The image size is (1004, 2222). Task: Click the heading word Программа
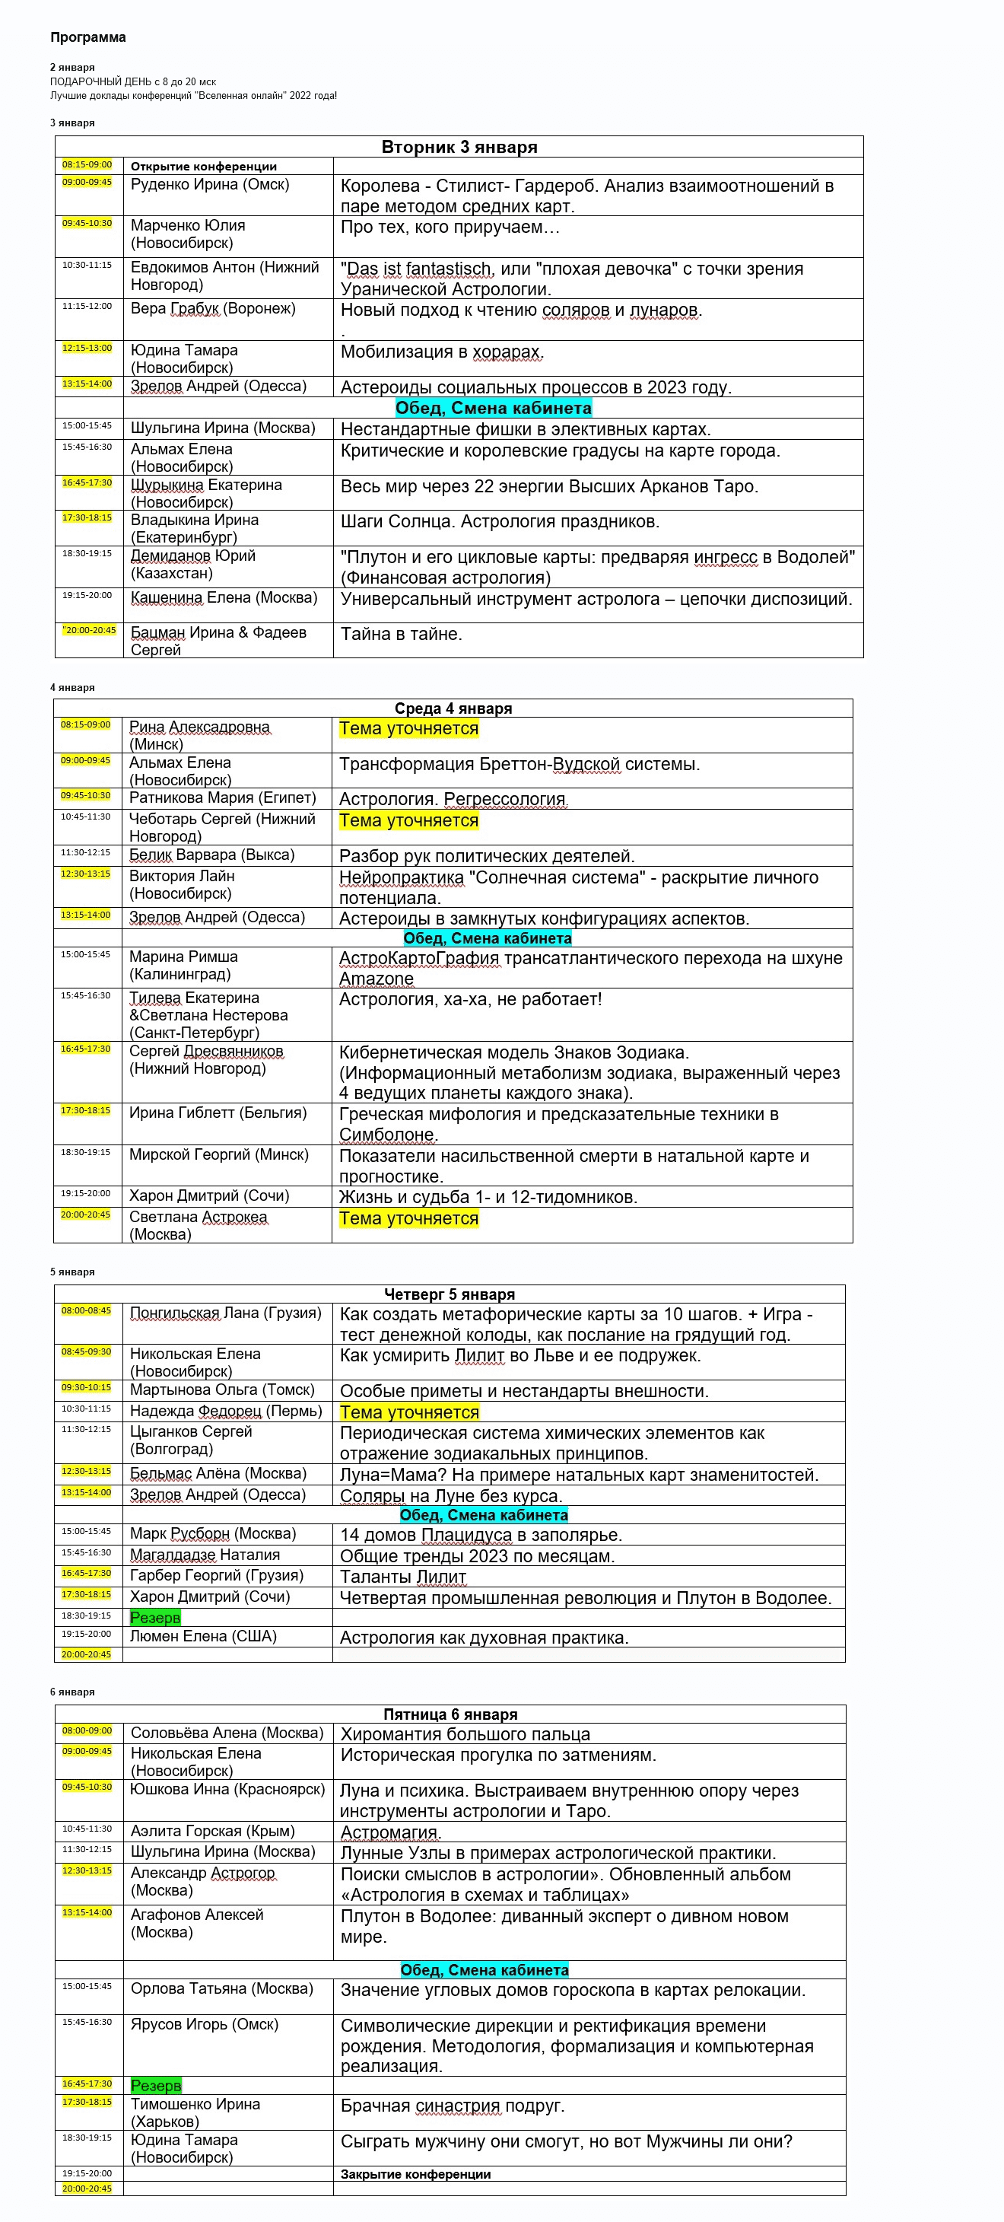pyautogui.click(x=88, y=37)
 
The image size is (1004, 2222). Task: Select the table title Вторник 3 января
pyautogui.click(x=459, y=147)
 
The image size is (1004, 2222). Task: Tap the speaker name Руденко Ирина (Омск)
pyautogui.click(x=210, y=185)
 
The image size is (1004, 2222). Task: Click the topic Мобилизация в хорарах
pyautogui.click(x=442, y=352)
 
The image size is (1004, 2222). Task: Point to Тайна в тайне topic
pyautogui.click(x=401, y=634)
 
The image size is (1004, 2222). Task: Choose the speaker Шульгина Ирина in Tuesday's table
pyautogui.click(x=223, y=428)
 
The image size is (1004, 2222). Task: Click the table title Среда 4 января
pyautogui.click(x=453, y=708)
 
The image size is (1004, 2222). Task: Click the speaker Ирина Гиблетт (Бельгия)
pyautogui.click(x=218, y=1113)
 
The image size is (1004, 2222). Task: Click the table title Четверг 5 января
pyautogui.click(x=450, y=1294)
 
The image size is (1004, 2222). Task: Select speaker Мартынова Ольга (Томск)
pyautogui.click(x=221, y=1390)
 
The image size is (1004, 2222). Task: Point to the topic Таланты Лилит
pyautogui.click(x=403, y=1577)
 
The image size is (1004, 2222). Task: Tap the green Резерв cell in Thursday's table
pyautogui.click(x=155, y=1617)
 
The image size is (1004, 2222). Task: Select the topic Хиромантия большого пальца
pyautogui.click(x=465, y=1733)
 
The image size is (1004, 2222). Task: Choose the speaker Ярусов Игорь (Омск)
pyautogui.click(x=205, y=2023)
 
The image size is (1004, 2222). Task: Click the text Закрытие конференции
pyautogui.click(x=415, y=2175)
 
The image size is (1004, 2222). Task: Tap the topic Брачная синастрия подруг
pyautogui.click(x=452, y=2106)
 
